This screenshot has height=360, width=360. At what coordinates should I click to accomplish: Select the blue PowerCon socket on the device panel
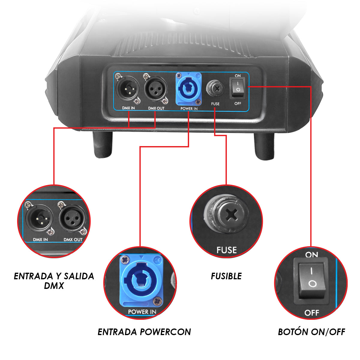point(189,89)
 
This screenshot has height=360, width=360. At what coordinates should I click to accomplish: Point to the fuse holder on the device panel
point(215,88)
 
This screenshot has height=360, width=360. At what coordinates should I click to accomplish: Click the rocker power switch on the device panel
point(238,88)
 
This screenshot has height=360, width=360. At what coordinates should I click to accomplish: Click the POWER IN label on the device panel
point(189,109)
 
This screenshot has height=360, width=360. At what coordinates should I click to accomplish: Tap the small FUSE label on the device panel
point(215,104)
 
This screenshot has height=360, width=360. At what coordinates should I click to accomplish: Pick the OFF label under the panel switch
point(238,103)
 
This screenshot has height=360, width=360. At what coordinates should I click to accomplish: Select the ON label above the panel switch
point(238,76)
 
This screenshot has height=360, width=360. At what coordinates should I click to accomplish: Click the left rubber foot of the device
point(103,144)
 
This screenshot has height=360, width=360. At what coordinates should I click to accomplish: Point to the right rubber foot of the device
point(264,146)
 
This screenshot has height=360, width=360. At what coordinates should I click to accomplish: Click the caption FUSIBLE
point(226,276)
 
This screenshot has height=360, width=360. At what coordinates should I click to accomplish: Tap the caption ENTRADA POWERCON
point(144,332)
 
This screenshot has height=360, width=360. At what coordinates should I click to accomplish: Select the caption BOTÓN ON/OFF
point(311,332)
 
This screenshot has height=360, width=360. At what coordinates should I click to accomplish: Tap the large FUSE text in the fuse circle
point(226,250)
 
